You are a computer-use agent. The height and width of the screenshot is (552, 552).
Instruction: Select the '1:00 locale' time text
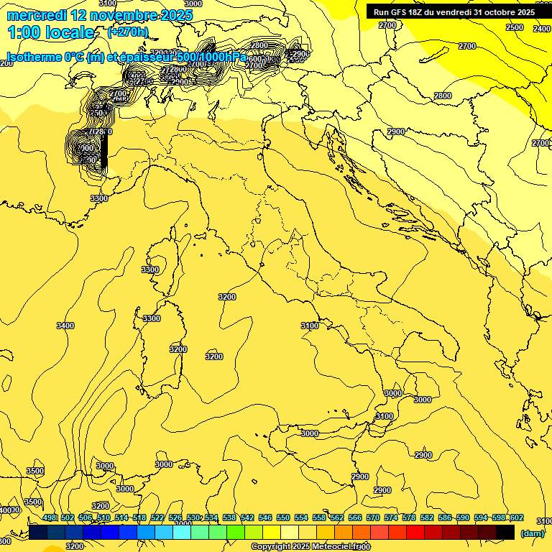coord(51,32)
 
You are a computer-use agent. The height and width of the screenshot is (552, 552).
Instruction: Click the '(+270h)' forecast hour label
coord(128,32)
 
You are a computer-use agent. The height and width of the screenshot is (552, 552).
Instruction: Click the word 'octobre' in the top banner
coord(494,12)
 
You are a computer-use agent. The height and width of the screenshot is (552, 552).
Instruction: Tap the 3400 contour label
coord(65,326)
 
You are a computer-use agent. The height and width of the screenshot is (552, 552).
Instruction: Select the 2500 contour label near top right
coord(515,27)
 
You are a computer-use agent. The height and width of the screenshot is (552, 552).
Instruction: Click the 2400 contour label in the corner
coord(542,29)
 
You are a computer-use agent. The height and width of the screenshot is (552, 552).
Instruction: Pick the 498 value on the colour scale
coord(50,518)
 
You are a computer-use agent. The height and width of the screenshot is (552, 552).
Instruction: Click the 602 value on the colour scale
coord(516,518)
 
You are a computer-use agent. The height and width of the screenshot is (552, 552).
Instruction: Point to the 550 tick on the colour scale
coord(283,518)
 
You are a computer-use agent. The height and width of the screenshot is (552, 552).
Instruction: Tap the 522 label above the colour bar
coord(157,518)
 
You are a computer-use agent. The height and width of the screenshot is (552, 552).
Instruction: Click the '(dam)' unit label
coord(532,533)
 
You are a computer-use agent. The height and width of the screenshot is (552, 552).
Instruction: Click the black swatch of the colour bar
coord(505,533)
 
